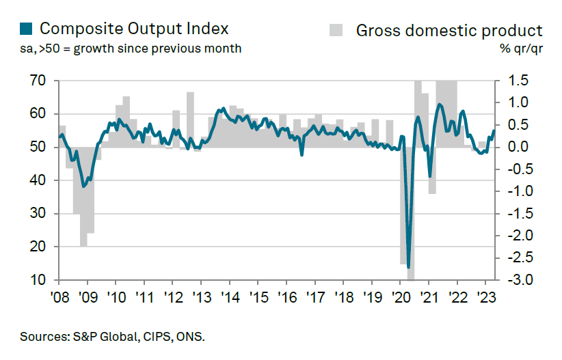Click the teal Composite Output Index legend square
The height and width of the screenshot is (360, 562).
pyautogui.click(x=26, y=29)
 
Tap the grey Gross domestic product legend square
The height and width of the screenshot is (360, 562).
pyautogui.click(x=336, y=30)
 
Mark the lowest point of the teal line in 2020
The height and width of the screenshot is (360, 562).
pyautogui.click(x=408, y=267)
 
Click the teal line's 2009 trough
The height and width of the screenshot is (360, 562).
pyautogui.click(x=83, y=186)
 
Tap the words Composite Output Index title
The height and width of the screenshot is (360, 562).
pyautogui.click(x=133, y=29)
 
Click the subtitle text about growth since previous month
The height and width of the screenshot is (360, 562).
pyautogui.click(x=131, y=49)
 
